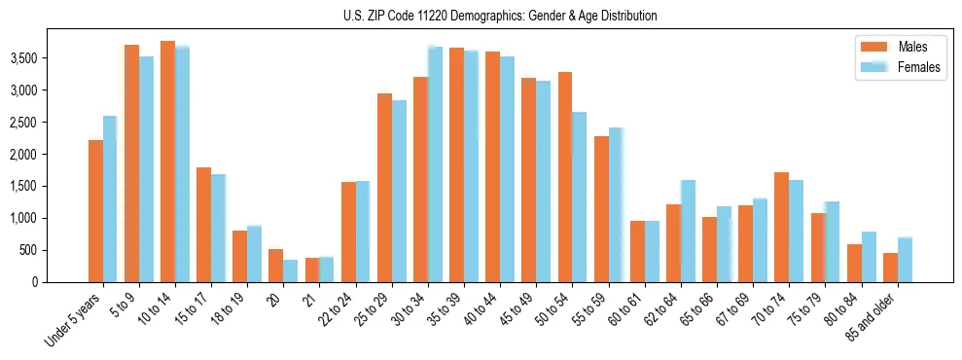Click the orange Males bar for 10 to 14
[167, 162]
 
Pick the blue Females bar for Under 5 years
[110, 199]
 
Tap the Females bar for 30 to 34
[435, 164]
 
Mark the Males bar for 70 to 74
[782, 227]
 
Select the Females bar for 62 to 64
[688, 231]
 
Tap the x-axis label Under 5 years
[73, 322]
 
